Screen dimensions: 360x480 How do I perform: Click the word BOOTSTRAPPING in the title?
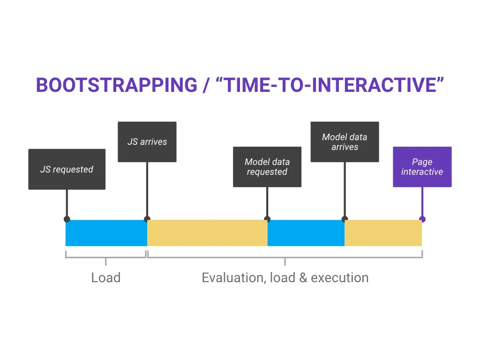click(117, 85)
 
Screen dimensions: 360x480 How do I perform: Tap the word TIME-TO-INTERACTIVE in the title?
click(330, 85)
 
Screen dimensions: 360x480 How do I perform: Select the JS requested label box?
click(67, 169)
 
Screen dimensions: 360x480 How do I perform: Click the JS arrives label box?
click(147, 142)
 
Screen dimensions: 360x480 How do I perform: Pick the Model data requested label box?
click(267, 167)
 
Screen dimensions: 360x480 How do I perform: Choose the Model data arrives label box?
click(345, 142)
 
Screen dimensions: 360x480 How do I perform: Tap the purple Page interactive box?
click(422, 167)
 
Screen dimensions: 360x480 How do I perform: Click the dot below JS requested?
click(67, 219)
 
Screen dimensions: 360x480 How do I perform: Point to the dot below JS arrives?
click(147, 219)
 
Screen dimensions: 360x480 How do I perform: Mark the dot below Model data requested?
click(267, 219)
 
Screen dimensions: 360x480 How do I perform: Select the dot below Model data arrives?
click(345, 219)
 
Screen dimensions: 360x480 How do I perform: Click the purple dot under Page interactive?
click(422, 219)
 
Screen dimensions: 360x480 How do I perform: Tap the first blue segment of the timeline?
click(106, 233)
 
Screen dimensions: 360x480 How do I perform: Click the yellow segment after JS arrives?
click(207, 233)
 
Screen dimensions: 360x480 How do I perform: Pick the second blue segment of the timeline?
click(306, 233)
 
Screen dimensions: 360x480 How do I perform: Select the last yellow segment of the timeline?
click(383, 233)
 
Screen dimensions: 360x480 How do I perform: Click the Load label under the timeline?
click(105, 277)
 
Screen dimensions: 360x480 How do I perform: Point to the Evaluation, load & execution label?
click(285, 277)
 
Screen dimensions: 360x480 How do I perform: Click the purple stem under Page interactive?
click(422, 202)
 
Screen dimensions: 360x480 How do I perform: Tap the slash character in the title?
click(207, 85)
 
